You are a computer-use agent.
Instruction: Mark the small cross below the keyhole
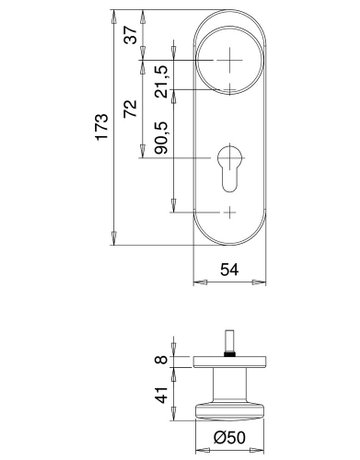(x=232, y=212)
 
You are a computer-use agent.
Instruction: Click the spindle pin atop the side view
(x=232, y=341)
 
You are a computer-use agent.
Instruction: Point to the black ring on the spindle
(x=232, y=352)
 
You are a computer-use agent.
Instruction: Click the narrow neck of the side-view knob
(x=232, y=380)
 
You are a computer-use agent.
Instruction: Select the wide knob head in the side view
(x=232, y=407)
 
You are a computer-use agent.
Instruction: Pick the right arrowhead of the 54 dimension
(x=268, y=281)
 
